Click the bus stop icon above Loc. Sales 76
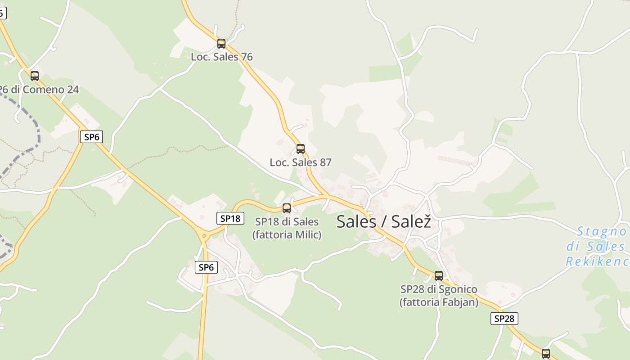point(221,44)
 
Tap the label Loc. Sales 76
point(221,57)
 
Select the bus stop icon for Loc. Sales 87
point(301,149)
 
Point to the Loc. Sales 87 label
point(301,162)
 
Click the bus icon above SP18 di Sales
point(287,208)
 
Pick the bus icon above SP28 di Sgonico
point(439,276)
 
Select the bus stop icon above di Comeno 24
point(35,76)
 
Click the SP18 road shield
point(230,219)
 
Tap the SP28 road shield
point(504,319)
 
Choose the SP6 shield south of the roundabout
point(206,267)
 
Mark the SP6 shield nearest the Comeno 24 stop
point(91,137)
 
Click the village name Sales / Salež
point(383,221)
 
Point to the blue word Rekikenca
point(598,261)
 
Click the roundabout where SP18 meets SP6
point(204,234)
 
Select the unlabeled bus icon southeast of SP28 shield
point(546,353)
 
